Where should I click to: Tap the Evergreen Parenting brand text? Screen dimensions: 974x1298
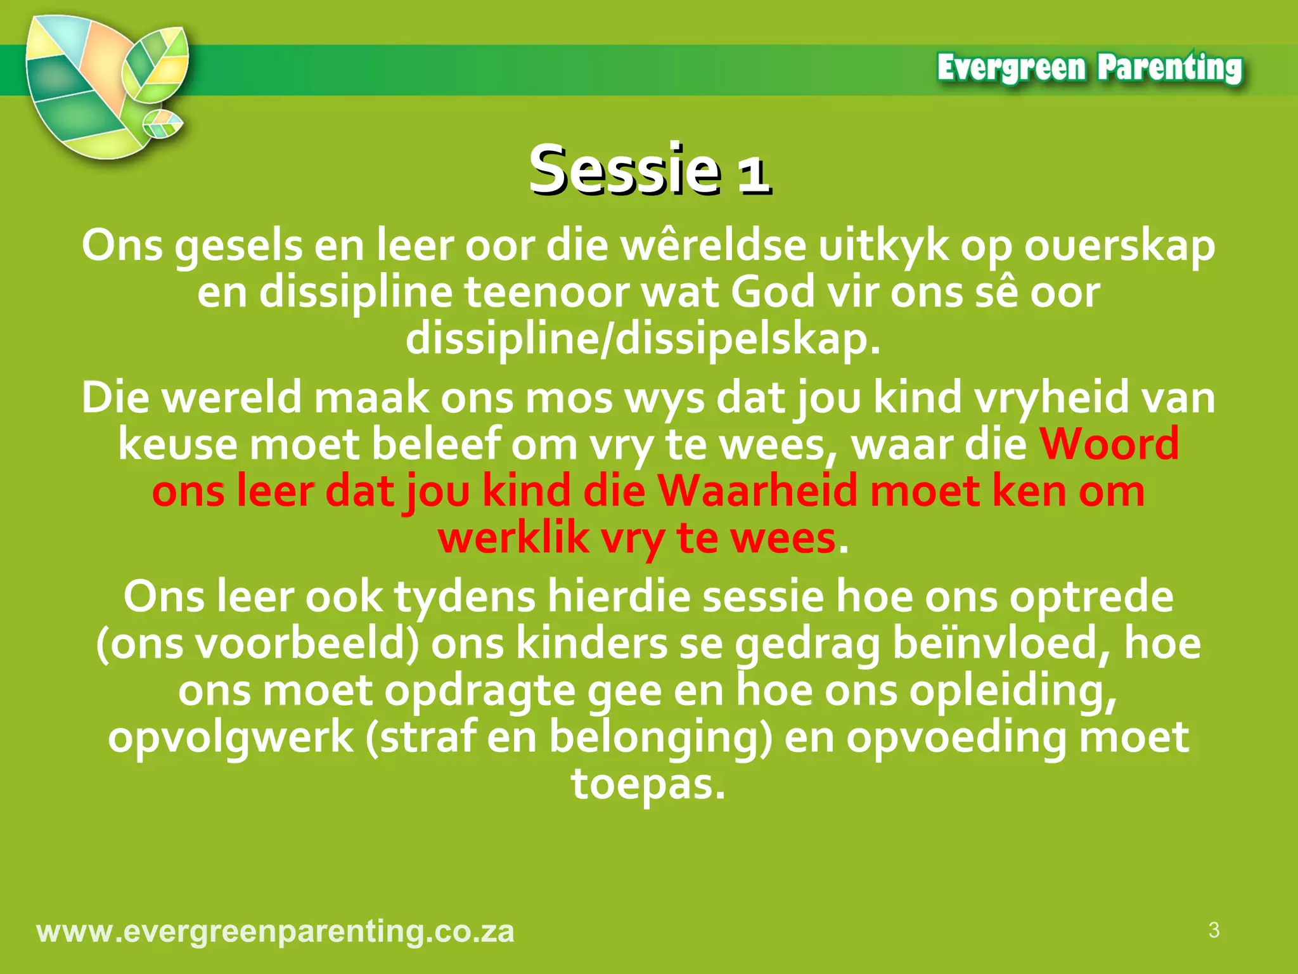[x=1089, y=68]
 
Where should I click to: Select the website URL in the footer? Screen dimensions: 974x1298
[x=276, y=932]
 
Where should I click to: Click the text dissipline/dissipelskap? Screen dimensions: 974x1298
[x=643, y=340]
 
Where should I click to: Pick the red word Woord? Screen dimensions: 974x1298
[x=1108, y=444]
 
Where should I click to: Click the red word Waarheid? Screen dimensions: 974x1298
[x=757, y=491]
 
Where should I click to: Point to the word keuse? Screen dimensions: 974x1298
[x=177, y=444]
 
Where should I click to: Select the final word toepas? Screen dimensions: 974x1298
[x=648, y=784]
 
